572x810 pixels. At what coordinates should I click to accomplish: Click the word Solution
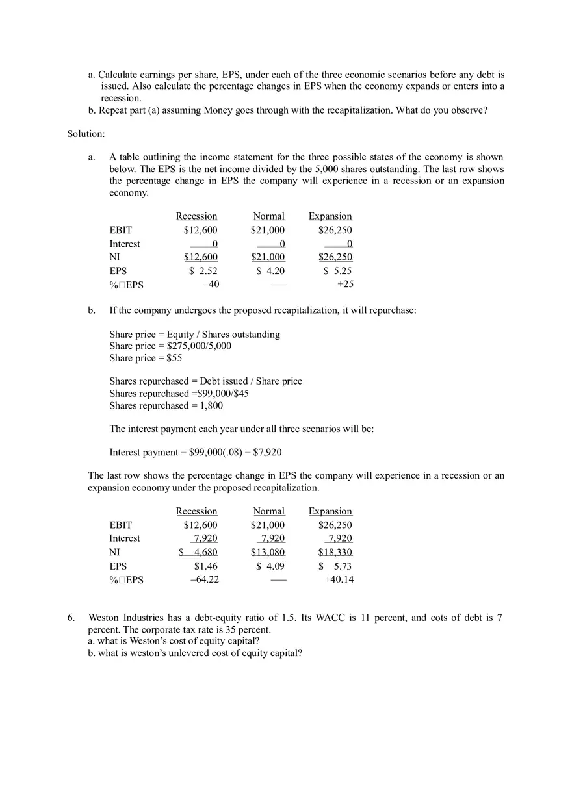click(86, 134)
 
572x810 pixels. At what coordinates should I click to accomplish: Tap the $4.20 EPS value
click(270, 271)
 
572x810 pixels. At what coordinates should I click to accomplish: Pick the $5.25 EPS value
click(337, 271)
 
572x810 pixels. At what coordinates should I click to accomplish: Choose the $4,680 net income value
click(199, 552)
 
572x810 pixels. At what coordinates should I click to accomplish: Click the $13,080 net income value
click(268, 552)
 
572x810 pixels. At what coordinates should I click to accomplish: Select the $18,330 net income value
click(335, 552)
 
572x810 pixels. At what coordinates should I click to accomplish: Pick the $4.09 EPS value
click(270, 566)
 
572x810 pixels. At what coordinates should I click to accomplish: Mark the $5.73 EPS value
click(335, 566)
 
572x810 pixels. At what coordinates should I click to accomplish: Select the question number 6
click(71, 617)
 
